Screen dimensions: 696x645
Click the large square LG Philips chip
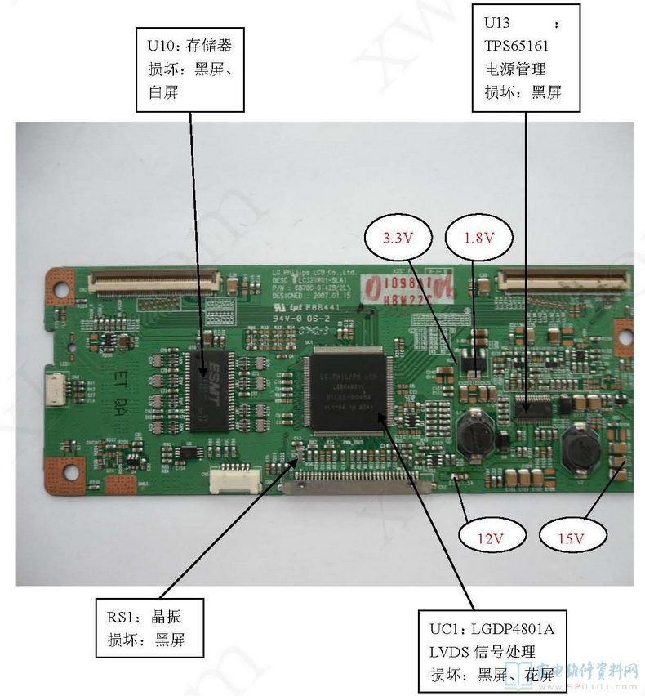[352, 390]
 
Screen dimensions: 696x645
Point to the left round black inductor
[473, 435]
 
